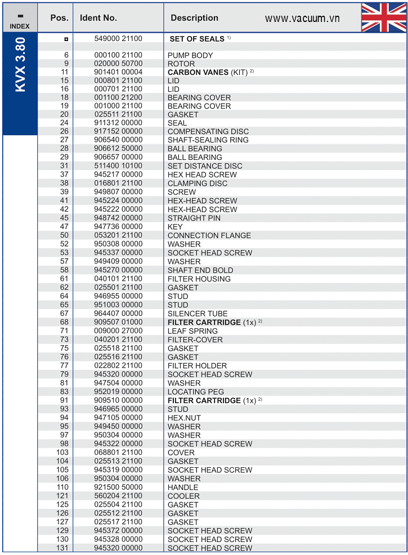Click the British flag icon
[x=384, y=17]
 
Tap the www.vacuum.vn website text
[x=302, y=19]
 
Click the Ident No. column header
[x=98, y=18]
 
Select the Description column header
[x=194, y=18]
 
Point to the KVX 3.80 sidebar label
[x=20, y=64]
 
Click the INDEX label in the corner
[x=20, y=26]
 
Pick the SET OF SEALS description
[x=197, y=39]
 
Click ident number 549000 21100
[x=118, y=39]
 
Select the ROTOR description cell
[x=181, y=64]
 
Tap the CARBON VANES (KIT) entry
[x=207, y=73]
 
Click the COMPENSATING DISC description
[x=208, y=132]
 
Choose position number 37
[x=64, y=174]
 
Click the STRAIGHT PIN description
[x=194, y=218]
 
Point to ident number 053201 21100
[x=118, y=235]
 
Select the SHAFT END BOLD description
[x=200, y=270]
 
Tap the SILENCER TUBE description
[x=198, y=314]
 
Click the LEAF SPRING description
[x=192, y=331]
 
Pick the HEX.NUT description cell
[x=184, y=418]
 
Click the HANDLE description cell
[x=183, y=487]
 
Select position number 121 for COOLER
[x=62, y=496]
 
